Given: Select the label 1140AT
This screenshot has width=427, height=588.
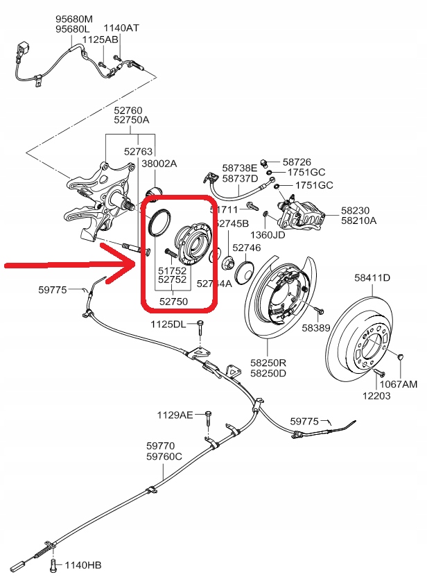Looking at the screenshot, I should pos(121,28).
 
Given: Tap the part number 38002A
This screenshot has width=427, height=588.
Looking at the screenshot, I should pos(159,164).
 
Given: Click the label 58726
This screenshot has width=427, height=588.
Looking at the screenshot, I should pos(297,161).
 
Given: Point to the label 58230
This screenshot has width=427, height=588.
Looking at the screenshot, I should pos(358,210).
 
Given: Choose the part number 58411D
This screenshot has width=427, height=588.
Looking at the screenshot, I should pos(372,278).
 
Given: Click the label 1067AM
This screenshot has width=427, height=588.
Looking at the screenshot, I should pos(399,384).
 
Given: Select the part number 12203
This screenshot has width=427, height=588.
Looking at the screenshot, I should pos(376,396).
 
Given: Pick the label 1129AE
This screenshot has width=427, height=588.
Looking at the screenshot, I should pos(175,415).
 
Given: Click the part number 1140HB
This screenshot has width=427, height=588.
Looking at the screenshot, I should pos(82,566).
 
